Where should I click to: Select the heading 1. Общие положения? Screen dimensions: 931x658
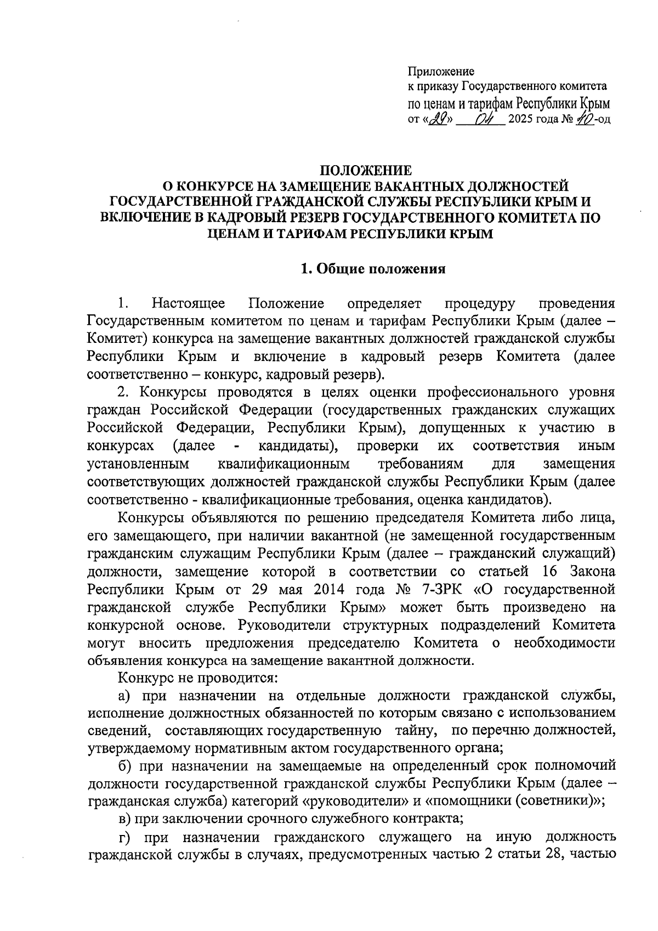coord(373,269)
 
